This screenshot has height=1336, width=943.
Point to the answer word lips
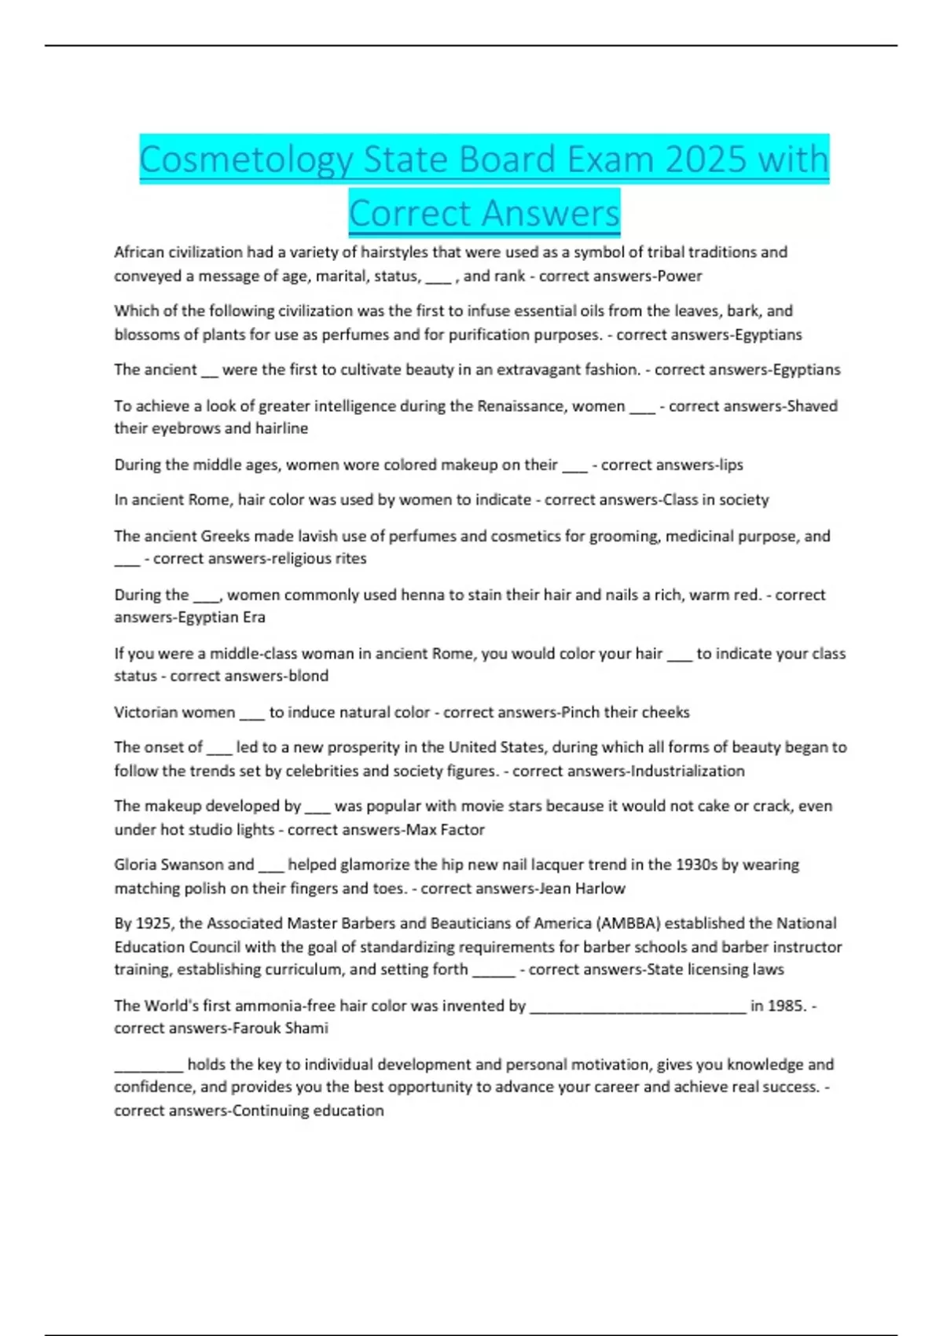pos(731,464)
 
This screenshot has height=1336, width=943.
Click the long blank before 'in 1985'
pos(638,1008)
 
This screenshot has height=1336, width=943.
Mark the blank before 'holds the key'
pos(149,1066)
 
